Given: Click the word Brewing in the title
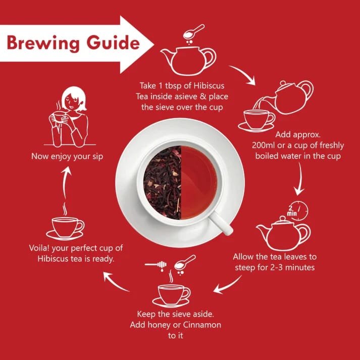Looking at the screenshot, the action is (x=43, y=43).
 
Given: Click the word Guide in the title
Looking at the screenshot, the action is (x=113, y=42).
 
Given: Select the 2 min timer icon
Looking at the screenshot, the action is (x=297, y=211).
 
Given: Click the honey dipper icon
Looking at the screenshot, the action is (x=156, y=265).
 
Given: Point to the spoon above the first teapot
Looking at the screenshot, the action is (x=193, y=32).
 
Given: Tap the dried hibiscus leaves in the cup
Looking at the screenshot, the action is (x=163, y=182).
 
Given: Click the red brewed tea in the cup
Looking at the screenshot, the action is (x=199, y=182).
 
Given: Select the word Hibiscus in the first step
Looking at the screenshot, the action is (x=209, y=86).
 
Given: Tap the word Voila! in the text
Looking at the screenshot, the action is (x=39, y=248).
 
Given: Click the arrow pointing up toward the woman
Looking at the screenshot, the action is (x=65, y=183).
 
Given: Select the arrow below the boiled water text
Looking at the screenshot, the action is (x=299, y=179).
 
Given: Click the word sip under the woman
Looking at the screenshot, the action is (x=97, y=157).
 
